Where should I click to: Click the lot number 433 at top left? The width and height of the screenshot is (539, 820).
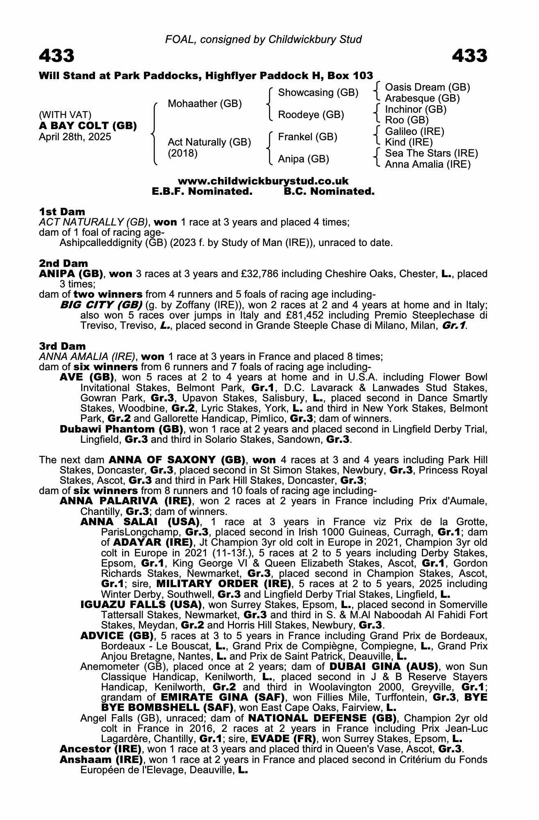pyautogui.click(x=57, y=56)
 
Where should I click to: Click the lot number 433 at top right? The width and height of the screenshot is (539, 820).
pyautogui.click(x=470, y=56)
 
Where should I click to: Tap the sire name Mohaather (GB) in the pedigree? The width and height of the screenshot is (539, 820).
pyautogui.click(x=205, y=104)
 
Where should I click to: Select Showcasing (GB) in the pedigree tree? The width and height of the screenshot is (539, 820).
pyautogui.click(x=318, y=93)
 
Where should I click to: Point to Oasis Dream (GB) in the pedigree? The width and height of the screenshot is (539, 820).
pyautogui.click(x=427, y=87)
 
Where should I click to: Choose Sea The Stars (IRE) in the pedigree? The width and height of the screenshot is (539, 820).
pyautogui.click(x=431, y=153)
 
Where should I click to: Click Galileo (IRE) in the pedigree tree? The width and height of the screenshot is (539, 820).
pyautogui.click(x=414, y=132)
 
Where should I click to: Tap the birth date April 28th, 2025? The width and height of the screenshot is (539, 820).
pyautogui.click(x=75, y=137)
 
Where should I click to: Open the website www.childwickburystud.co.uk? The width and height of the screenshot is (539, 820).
pyautogui.click(x=263, y=181)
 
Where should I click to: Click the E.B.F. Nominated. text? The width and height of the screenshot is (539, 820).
pyautogui.click(x=202, y=191)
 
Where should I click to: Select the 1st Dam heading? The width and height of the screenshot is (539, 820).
pyautogui.click(x=62, y=212)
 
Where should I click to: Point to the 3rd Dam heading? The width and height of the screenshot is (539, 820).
pyautogui.click(x=62, y=346)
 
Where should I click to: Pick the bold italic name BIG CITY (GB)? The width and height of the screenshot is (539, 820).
pyautogui.click(x=101, y=305)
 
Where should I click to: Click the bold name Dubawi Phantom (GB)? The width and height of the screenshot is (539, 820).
pyautogui.click(x=121, y=429)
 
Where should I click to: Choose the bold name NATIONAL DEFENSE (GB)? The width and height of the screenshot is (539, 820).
pyautogui.click(x=323, y=718)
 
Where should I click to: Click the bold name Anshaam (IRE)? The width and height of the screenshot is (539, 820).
pyautogui.click(x=101, y=760)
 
